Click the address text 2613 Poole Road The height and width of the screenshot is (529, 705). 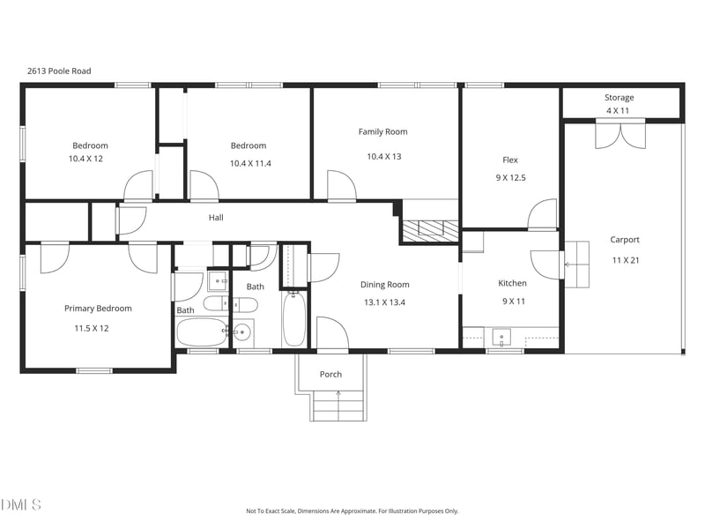pyautogui.click(x=59, y=71)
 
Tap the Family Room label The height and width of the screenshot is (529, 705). pyautogui.click(x=382, y=131)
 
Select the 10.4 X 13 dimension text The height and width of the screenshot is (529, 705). pyautogui.click(x=384, y=157)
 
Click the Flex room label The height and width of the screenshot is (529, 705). pyautogui.click(x=510, y=160)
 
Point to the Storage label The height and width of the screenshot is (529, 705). pyautogui.click(x=620, y=98)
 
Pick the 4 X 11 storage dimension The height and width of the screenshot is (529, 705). pyautogui.click(x=618, y=111)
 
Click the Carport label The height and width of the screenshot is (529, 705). pyautogui.click(x=625, y=240)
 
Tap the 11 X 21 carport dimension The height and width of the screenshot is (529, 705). pyautogui.click(x=626, y=260)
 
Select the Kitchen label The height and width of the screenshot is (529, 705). pyautogui.click(x=512, y=283)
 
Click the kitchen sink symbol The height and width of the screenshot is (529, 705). pyautogui.click(x=501, y=337)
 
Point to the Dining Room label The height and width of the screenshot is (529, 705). pyautogui.click(x=385, y=285)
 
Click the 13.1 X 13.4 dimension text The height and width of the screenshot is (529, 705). pyautogui.click(x=384, y=302)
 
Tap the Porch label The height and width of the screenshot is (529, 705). pyautogui.click(x=330, y=374)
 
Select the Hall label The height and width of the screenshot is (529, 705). pyautogui.click(x=216, y=218)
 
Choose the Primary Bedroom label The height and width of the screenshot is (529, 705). pyautogui.click(x=98, y=309)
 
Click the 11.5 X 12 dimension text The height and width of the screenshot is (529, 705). pyautogui.click(x=92, y=328)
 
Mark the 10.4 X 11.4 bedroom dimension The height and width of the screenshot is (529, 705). pyautogui.click(x=250, y=163)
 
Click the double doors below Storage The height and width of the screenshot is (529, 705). pyautogui.click(x=620, y=134)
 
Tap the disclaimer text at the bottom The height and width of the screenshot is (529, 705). pyautogui.click(x=352, y=511)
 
